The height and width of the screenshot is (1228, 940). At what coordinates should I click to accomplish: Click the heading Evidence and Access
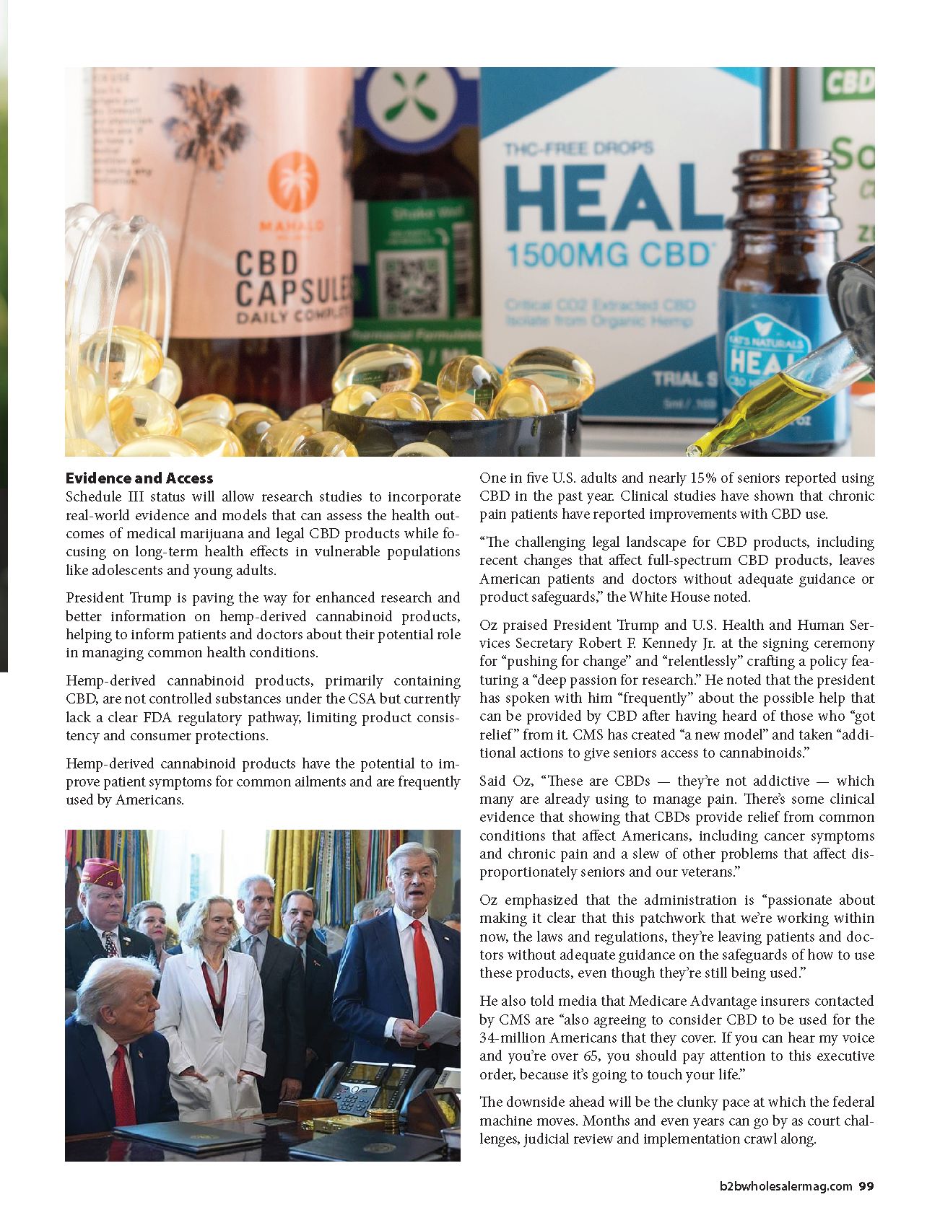(139, 478)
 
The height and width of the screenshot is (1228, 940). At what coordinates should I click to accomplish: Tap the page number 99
(866, 1187)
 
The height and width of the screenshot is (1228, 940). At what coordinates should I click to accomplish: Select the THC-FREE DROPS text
(578, 149)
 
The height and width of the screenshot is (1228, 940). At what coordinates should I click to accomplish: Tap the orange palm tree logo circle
(292, 183)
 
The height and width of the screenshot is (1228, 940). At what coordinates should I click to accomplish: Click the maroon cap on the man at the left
(100, 871)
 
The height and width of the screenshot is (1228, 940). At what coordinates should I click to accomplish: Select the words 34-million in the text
(510, 1038)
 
